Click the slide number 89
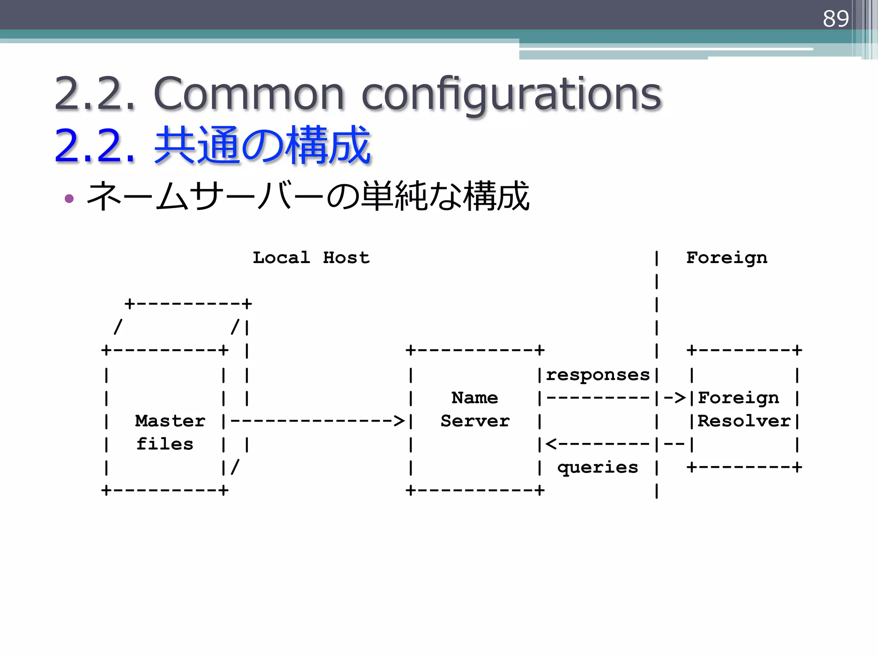(x=835, y=18)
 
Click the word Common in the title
(x=249, y=93)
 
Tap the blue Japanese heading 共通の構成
(x=262, y=146)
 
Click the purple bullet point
(x=69, y=198)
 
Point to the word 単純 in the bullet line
(x=395, y=196)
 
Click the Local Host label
(x=311, y=257)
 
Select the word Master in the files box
(x=170, y=421)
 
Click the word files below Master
(x=165, y=444)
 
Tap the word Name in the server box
(x=475, y=398)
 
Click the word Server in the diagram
(x=475, y=421)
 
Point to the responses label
(x=598, y=374)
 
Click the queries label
(x=598, y=467)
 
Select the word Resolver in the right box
(x=744, y=421)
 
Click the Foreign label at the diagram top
(x=727, y=257)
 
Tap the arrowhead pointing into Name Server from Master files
(x=399, y=421)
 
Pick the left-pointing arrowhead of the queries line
(x=551, y=444)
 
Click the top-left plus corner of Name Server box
(x=411, y=350)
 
